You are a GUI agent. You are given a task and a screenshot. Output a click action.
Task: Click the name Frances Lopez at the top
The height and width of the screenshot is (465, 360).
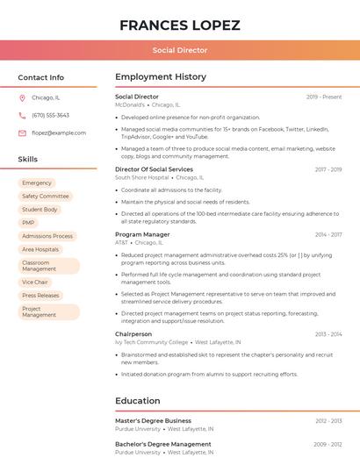tap(179, 25)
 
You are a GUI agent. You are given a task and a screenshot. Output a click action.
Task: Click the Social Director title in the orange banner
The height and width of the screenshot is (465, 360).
tap(180, 50)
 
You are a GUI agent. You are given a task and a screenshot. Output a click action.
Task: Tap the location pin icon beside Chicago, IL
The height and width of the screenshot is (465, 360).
tap(22, 98)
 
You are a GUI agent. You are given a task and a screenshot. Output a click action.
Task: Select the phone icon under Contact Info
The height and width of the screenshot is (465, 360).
tap(22, 116)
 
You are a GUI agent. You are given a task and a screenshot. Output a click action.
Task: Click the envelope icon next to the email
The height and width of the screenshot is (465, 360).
tap(22, 133)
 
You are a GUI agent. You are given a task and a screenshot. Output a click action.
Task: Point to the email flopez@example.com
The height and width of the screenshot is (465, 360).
tap(59, 133)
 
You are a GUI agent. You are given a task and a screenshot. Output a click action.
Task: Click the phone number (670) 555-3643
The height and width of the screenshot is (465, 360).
tap(50, 116)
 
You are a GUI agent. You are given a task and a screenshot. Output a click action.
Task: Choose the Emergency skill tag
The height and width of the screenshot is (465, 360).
tap(37, 183)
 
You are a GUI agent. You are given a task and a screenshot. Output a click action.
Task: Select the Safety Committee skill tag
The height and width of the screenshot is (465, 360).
tap(46, 197)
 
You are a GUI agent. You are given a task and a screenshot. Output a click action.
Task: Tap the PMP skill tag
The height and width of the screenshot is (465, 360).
tap(29, 223)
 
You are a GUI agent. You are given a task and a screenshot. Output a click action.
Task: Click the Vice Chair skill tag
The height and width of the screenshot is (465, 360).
tap(35, 283)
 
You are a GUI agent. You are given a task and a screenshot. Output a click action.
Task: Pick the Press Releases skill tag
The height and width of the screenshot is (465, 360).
tap(40, 296)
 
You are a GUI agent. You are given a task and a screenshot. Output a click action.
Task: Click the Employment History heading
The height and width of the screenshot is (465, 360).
tap(161, 77)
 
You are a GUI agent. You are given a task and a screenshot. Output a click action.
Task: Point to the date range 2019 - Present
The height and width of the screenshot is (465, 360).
tap(324, 97)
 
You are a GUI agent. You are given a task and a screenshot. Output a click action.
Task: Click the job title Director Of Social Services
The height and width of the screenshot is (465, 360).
tap(154, 169)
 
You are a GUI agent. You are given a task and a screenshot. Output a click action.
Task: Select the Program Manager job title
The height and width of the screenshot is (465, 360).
tap(142, 234)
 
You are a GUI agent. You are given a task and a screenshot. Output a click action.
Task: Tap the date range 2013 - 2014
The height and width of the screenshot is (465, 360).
tap(328, 334)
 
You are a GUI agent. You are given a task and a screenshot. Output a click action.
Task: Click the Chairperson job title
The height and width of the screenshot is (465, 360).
tap(133, 334)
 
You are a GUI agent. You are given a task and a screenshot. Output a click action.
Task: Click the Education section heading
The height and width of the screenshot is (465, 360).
tap(137, 401)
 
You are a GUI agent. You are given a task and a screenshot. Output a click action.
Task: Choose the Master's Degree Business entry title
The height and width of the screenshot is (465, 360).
tap(153, 421)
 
